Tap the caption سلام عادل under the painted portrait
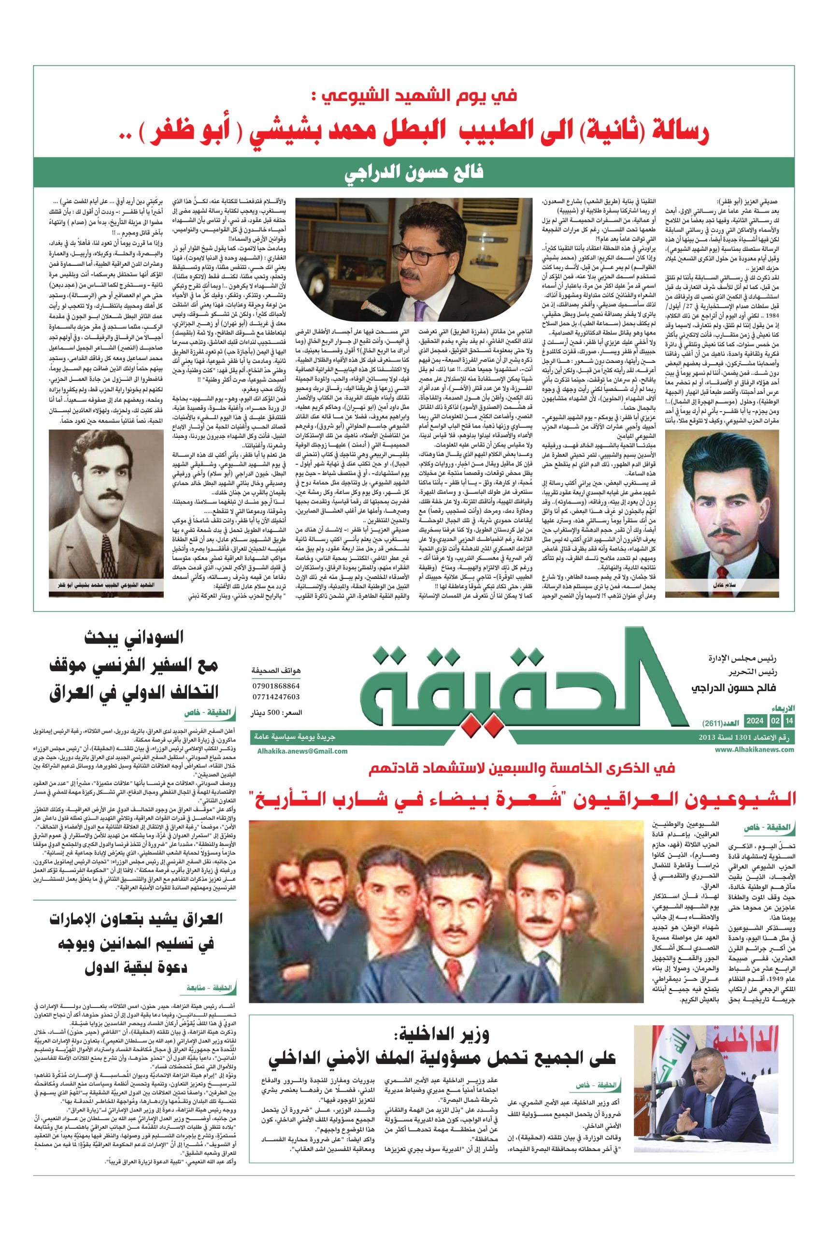[721, 586]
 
